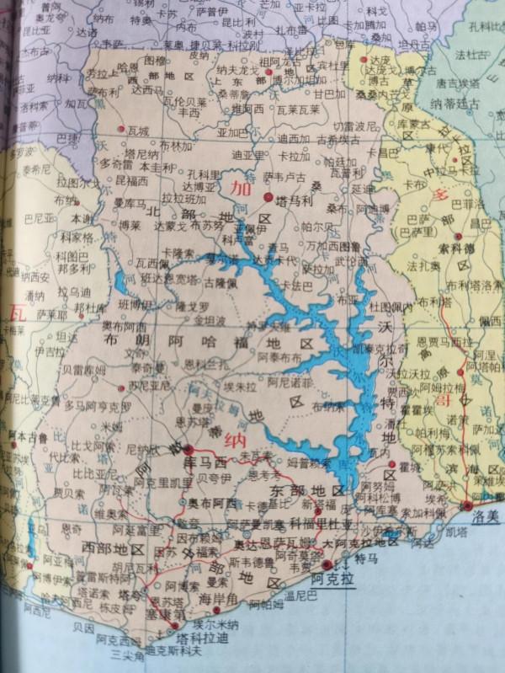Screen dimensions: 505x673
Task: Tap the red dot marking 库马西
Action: [x=190, y=450]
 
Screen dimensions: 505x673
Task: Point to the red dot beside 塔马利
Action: [x=268, y=197]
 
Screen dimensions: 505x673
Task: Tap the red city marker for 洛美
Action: [x=467, y=505]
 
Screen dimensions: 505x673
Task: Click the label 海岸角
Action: [x=217, y=598]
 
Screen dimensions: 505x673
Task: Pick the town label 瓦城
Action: [x=138, y=131]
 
